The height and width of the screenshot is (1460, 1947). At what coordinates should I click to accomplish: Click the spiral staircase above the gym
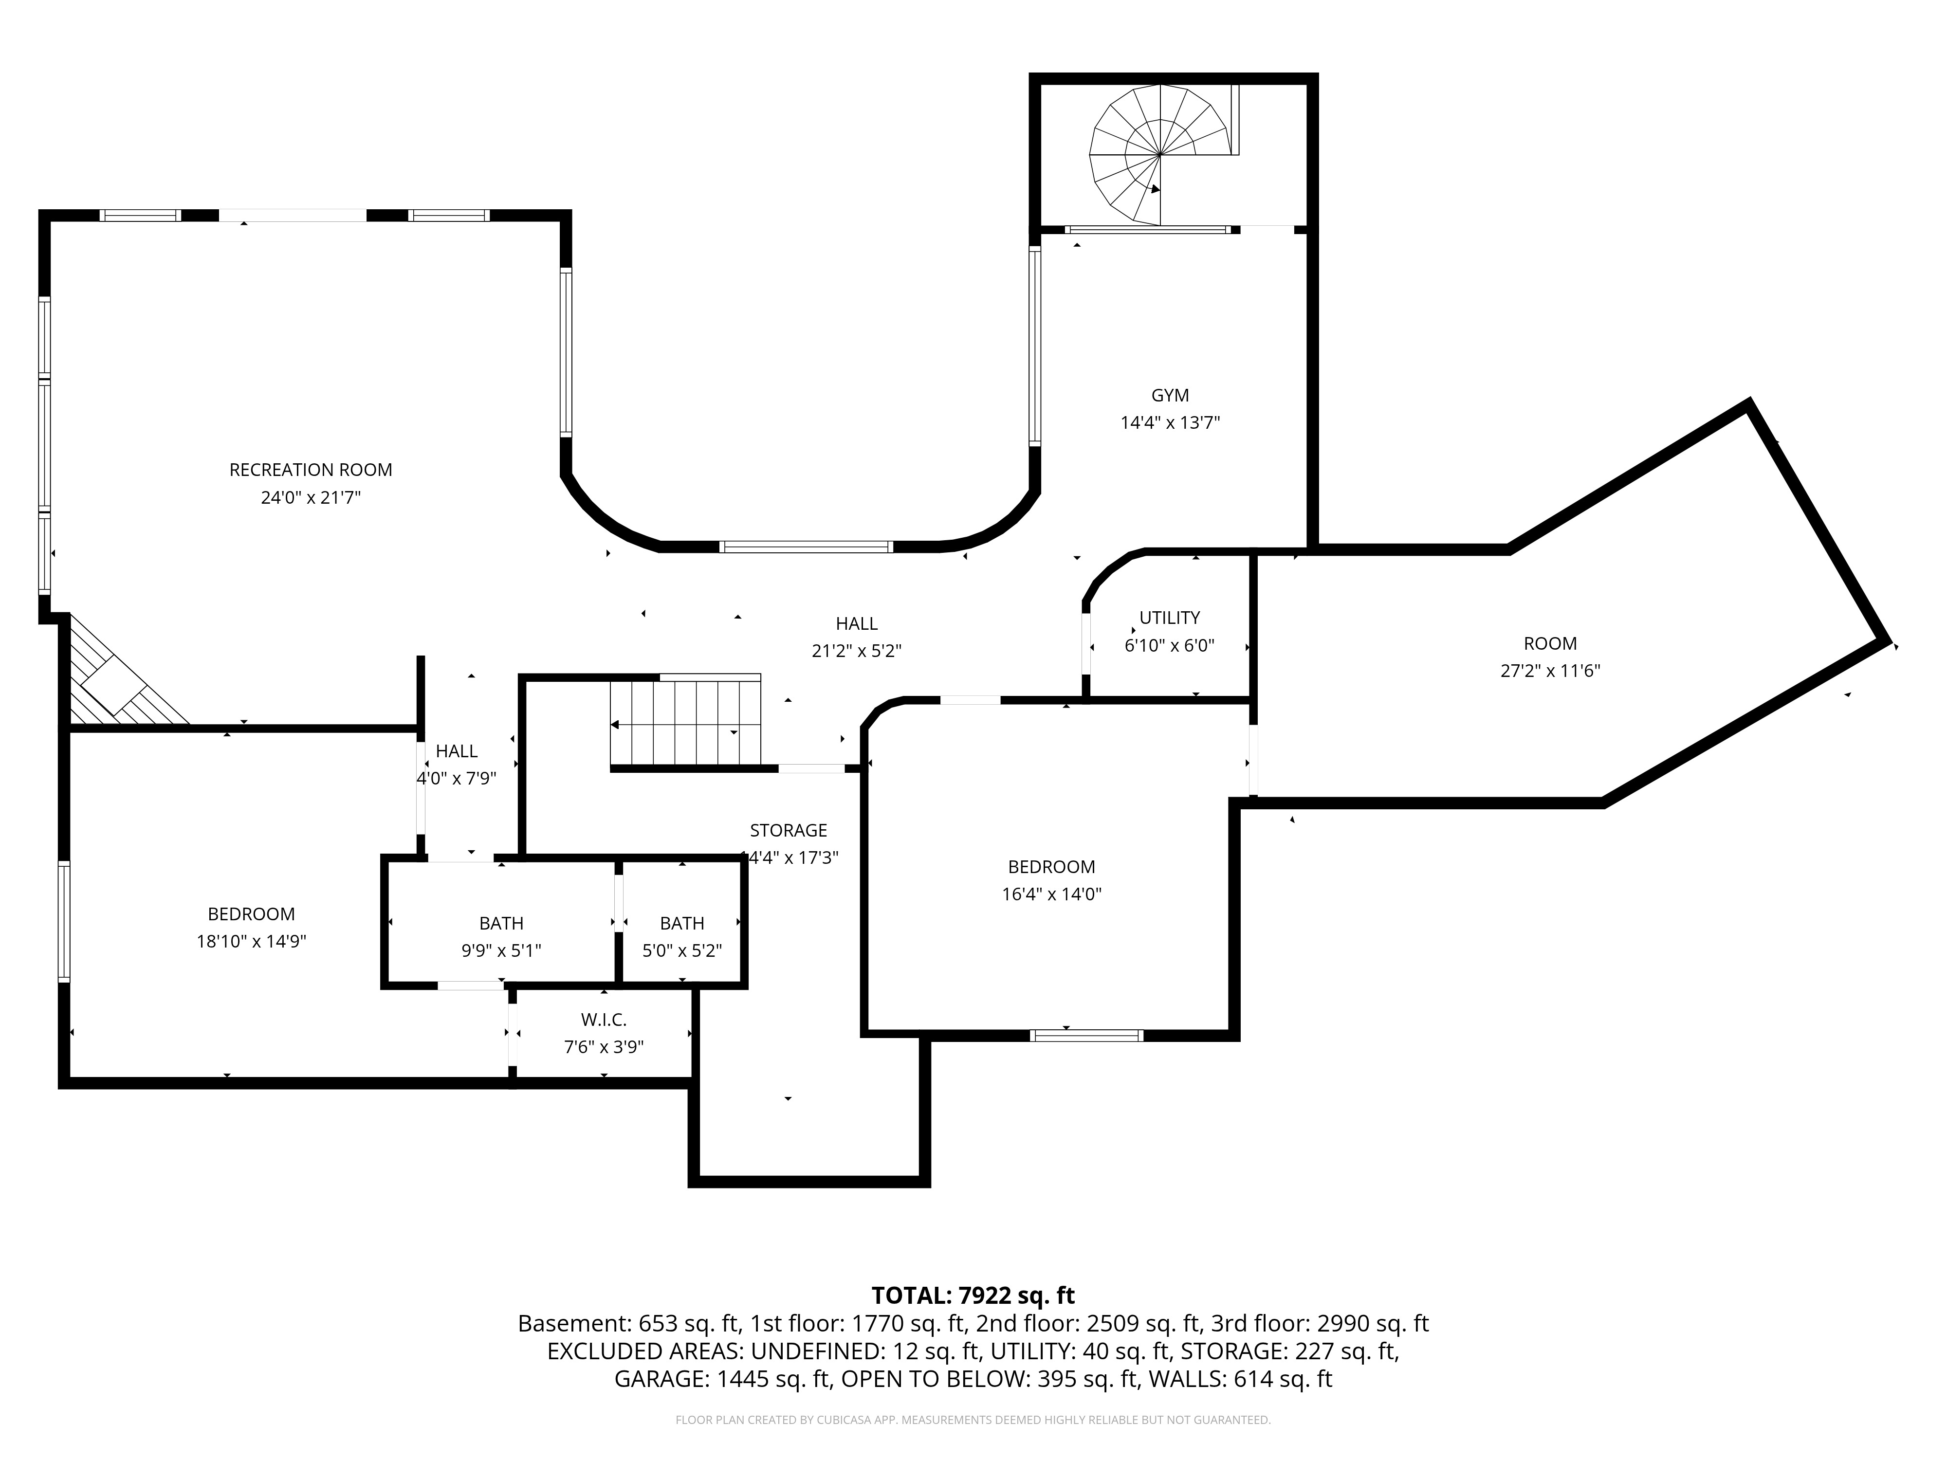(1160, 155)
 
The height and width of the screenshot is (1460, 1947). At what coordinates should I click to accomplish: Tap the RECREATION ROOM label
(311, 470)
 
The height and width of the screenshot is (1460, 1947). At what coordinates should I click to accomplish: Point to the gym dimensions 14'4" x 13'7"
(1170, 422)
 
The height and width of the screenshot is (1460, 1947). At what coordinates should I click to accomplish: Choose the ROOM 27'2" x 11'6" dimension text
(1550, 671)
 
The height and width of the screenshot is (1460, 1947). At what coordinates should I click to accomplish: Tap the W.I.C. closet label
(604, 1020)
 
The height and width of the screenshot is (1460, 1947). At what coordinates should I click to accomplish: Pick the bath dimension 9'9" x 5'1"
(502, 950)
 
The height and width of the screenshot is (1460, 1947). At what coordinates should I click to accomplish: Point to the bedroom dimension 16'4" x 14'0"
(1052, 894)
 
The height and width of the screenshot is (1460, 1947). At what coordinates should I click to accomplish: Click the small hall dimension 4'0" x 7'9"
(457, 778)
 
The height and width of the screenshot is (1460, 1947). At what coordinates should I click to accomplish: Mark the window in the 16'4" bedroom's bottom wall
(1087, 1035)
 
